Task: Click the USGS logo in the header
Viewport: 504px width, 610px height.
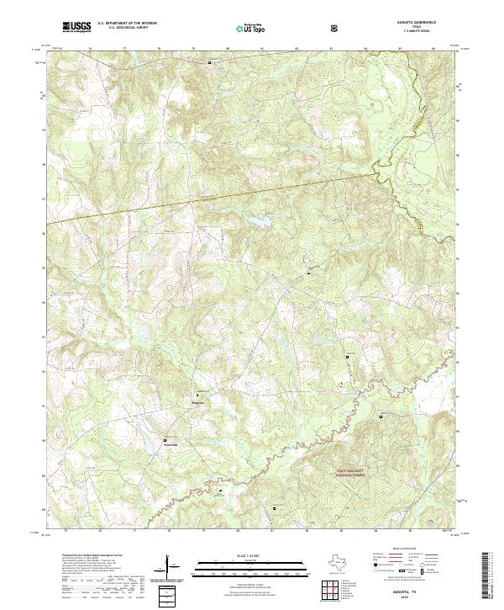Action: pos(76,27)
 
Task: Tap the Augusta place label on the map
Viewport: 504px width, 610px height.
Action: pos(199,400)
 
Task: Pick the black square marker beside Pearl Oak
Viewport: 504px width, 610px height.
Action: pos(165,439)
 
